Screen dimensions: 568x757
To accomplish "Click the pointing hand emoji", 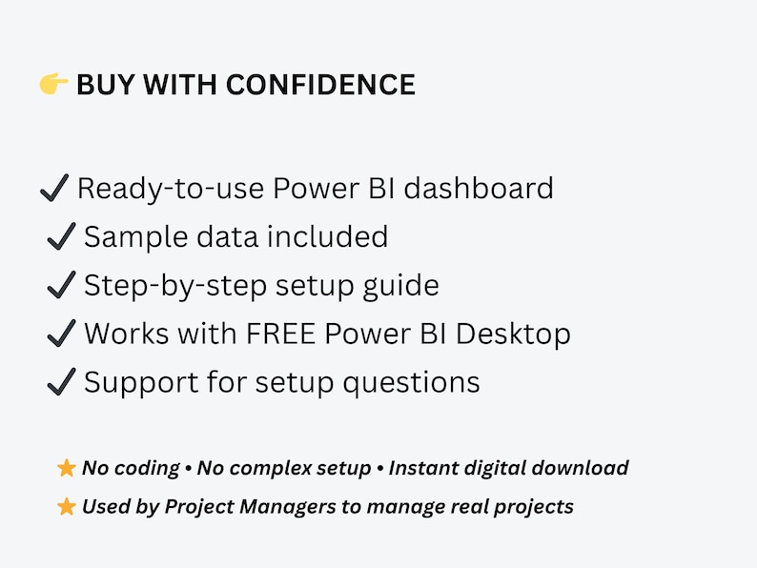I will pos(53,85).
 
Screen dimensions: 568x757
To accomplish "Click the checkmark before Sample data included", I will pos(61,236).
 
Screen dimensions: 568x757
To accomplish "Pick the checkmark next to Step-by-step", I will pos(61,285).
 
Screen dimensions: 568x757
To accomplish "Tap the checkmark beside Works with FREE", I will pos(61,334).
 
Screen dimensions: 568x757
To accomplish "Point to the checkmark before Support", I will pos(61,382).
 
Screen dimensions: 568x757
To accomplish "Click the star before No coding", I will pos(67,468).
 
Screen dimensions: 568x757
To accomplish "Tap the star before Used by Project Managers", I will pos(67,507).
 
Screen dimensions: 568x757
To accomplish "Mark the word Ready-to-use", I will pos(170,189).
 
